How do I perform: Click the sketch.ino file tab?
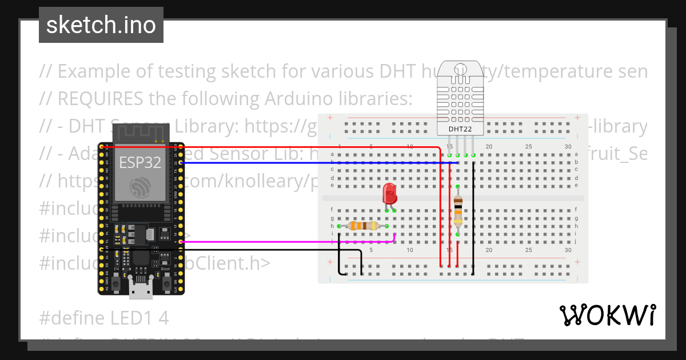pyautogui.click(x=101, y=25)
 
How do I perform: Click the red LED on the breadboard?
pyautogui.click(x=390, y=194)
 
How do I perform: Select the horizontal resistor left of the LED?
pyautogui.click(x=362, y=226)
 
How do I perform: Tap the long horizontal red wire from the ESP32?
pyautogui.click(x=286, y=147)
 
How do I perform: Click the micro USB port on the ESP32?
pyautogui.click(x=141, y=290)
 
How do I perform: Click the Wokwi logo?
pyautogui.click(x=607, y=315)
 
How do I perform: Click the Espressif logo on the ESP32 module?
pyautogui.click(x=141, y=187)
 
